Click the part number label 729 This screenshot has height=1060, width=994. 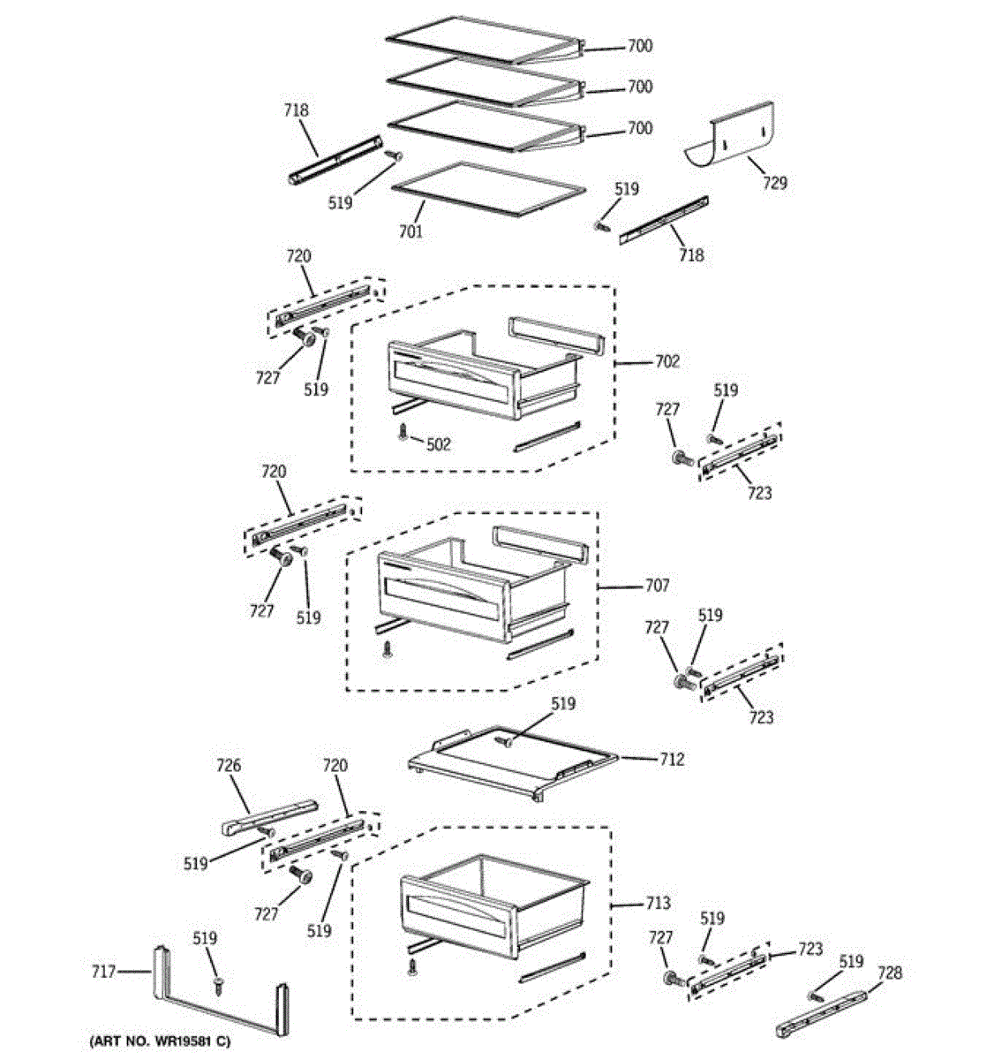pos(775,183)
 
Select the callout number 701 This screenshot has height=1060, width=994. pos(410,231)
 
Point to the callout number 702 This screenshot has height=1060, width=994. pos(667,361)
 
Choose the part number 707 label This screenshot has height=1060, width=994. pos(657,586)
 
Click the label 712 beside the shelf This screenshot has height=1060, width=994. pos(671,759)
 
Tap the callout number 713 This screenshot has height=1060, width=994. pos(657,903)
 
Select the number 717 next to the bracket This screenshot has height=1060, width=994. pos(104,972)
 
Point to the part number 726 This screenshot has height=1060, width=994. pos(228,766)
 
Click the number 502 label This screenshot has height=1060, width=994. pos(438,444)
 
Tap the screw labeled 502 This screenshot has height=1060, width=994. pos(403,432)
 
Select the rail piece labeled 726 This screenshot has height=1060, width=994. pos(267,815)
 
